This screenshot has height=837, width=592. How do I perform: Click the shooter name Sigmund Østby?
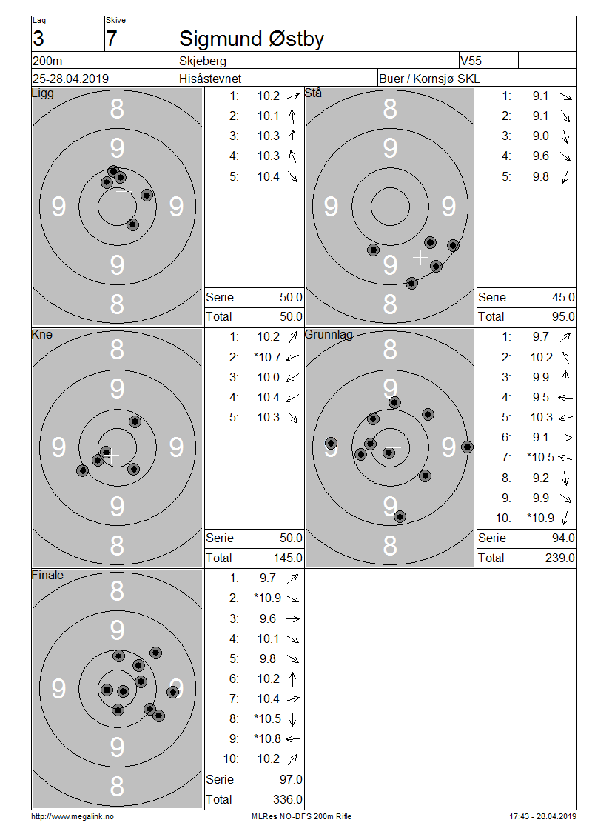point(251,39)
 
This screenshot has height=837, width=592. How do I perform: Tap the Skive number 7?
point(112,39)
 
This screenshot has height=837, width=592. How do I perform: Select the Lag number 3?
point(38,39)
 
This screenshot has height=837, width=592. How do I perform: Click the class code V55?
point(471,61)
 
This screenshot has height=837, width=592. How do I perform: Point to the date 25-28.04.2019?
point(70,79)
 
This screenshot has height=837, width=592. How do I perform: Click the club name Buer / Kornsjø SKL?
point(428,79)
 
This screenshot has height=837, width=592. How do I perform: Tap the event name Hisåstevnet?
point(210,79)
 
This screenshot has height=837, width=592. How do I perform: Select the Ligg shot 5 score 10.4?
point(269,177)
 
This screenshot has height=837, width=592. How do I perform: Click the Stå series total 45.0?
point(563,297)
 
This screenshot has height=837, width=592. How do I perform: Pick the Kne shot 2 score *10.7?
point(267,357)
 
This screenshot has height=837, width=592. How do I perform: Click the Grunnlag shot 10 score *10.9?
point(540,518)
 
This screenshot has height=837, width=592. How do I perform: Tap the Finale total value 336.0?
point(287,799)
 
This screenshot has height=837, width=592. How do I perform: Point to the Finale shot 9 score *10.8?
point(267,738)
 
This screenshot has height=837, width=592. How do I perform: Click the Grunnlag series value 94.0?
point(563,538)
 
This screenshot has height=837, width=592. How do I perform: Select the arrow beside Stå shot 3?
point(565,136)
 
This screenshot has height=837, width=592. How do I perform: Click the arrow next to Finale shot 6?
point(292,679)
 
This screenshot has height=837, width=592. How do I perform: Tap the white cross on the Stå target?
point(421,258)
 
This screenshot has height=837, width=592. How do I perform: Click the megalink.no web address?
point(73,816)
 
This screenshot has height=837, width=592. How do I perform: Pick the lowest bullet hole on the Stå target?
point(411,283)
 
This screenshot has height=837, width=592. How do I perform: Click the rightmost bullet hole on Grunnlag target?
point(467,447)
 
